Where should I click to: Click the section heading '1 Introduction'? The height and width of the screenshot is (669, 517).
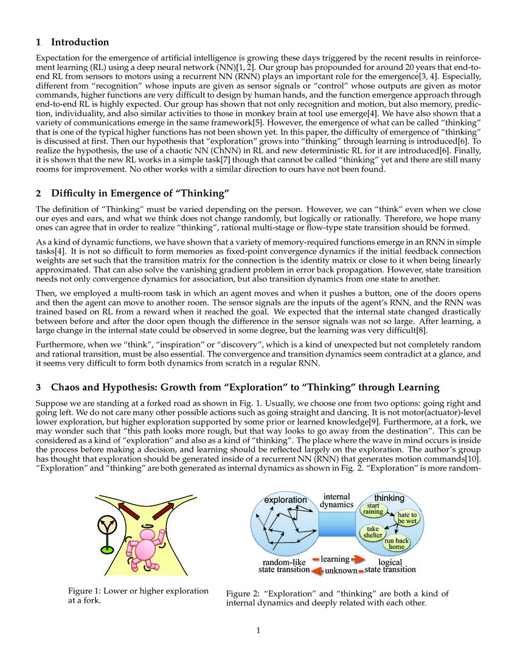click(72, 43)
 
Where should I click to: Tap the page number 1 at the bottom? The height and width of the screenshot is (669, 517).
click(258, 630)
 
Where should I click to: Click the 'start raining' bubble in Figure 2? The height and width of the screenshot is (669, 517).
click(373, 508)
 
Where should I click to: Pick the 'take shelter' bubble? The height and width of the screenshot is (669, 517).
click(373, 532)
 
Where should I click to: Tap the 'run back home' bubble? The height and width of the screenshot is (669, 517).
click(397, 543)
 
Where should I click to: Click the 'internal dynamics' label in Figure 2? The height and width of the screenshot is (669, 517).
click(336, 501)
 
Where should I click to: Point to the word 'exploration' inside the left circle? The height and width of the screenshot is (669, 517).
click(285, 500)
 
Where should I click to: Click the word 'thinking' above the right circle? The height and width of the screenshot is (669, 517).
click(389, 498)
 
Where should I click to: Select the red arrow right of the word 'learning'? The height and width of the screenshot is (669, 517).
click(358, 559)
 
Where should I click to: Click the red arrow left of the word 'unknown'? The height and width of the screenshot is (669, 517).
click(316, 570)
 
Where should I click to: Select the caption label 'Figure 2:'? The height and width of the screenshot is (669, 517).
click(242, 594)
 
